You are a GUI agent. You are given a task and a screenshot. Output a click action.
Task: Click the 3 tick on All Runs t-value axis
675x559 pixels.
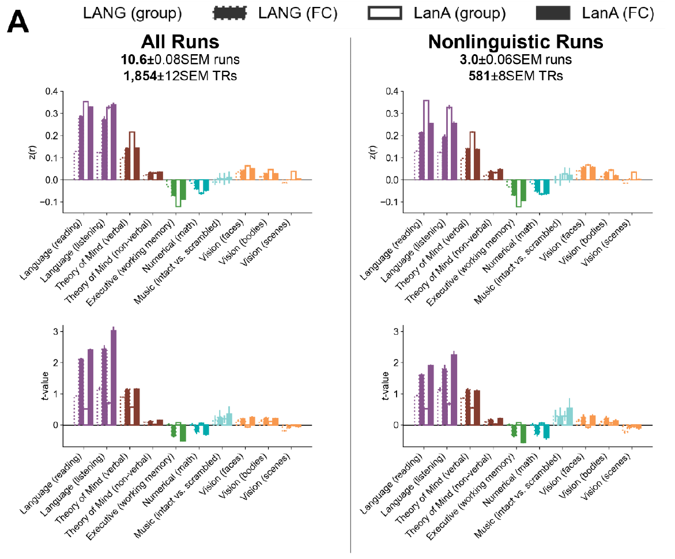pyautogui.click(x=55, y=331)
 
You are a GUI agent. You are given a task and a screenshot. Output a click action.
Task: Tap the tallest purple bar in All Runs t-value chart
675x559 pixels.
pyautogui.click(x=113, y=377)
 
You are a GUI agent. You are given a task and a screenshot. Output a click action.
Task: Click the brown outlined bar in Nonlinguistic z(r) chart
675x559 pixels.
pyautogui.click(x=473, y=156)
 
